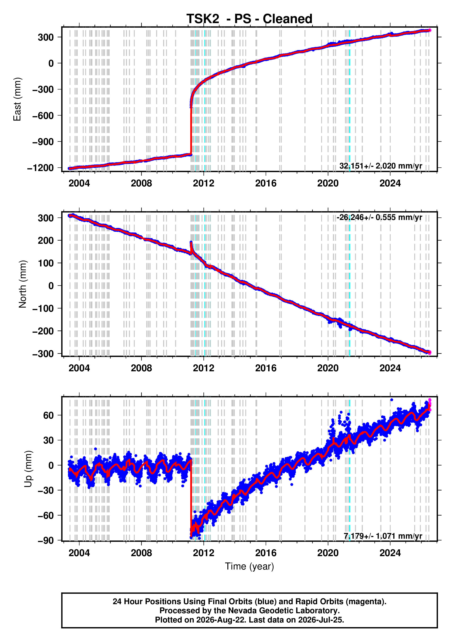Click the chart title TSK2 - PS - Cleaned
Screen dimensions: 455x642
point(249,19)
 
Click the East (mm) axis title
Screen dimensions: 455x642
point(17,99)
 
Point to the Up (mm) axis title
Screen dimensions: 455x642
point(28,469)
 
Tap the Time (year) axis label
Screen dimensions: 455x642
point(249,566)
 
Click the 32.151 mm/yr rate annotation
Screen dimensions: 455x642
point(381,166)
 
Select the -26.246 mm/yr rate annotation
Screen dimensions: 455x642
point(379,217)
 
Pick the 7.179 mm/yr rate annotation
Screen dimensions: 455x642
point(383,536)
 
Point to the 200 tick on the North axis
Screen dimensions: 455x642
point(46,240)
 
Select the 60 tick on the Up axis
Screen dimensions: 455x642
point(48,415)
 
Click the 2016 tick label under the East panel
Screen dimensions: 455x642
point(266,183)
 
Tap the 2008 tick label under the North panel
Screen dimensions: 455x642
point(141,368)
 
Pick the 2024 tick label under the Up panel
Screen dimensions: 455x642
point(390,553)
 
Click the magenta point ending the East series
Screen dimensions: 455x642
point(430,30)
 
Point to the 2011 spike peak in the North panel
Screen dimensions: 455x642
point(191,242)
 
